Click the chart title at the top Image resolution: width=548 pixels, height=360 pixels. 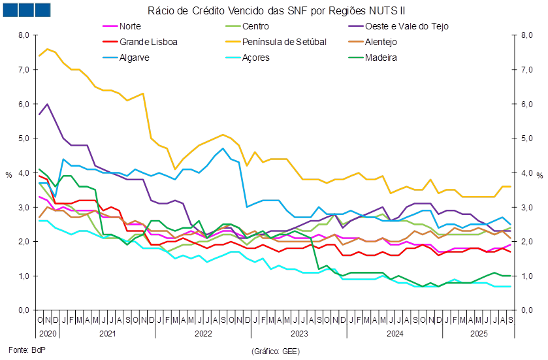(x=277, y=10)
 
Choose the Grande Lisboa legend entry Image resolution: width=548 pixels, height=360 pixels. (x=148, y=42)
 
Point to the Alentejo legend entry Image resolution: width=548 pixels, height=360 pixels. (x=381, y=42)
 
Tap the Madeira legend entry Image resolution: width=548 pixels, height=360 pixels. (x=381, y=57)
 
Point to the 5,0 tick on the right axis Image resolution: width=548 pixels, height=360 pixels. (x=526, y=139)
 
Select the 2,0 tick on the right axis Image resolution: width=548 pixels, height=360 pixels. (x=526, y=242)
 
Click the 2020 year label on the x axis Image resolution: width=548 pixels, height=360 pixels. (x=48, y=333)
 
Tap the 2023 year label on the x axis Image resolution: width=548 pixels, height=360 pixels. (x=298, y=333)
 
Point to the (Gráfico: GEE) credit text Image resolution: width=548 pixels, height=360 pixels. (x=275, y=351)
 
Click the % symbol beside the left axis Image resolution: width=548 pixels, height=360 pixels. (x=8, y=175)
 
